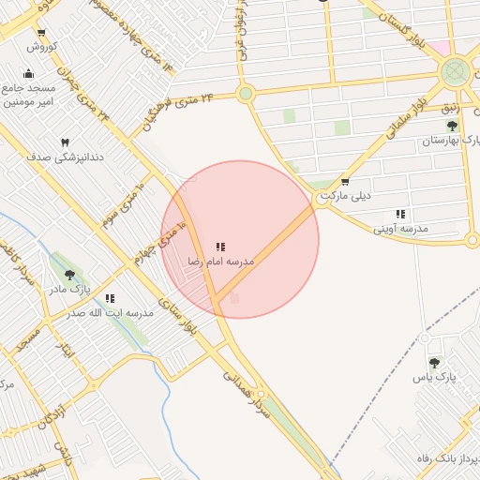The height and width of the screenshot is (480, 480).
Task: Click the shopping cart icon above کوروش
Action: tap(41, 33)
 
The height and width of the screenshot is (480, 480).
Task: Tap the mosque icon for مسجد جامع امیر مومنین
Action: tap(28, 74)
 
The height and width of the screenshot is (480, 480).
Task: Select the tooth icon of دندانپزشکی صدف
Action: tap(65, 142)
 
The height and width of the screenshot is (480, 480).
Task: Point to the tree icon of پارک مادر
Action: tap(70, 275)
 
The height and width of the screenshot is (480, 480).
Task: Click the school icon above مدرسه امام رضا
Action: tap(220, 246)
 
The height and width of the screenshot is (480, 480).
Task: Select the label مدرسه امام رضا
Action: tap(220, 261)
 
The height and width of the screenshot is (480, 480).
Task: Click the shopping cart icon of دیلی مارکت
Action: tap(345, 182)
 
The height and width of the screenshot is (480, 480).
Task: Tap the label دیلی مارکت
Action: tap(345, 196)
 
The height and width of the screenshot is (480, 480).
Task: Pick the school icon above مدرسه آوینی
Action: tap(400, 214)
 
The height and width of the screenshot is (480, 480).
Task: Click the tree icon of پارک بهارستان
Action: tap(452, 126)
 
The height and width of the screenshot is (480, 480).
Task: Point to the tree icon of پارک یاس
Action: tap(433, 362)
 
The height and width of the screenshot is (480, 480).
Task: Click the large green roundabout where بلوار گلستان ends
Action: tap(456, 70)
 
